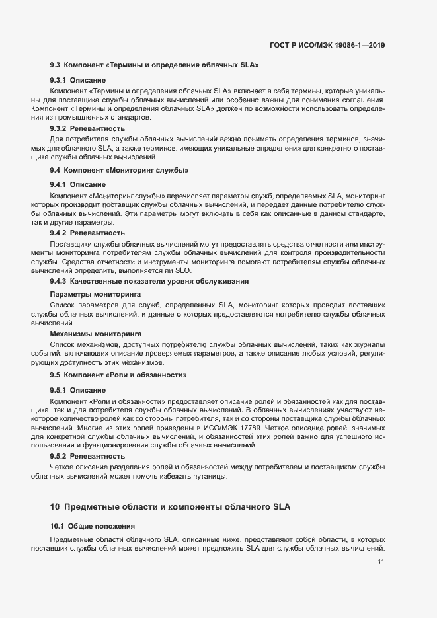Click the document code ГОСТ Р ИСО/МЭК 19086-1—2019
[328, 46]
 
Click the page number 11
[381, 561]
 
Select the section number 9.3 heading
[56, 66]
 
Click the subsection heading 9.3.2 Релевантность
[87, 128]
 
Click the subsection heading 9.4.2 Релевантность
[87, 233]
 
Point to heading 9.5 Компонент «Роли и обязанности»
[118, 375]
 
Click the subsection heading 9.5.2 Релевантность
[87, 456]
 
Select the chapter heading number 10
[55, 507]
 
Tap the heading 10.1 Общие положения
[93, 526]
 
